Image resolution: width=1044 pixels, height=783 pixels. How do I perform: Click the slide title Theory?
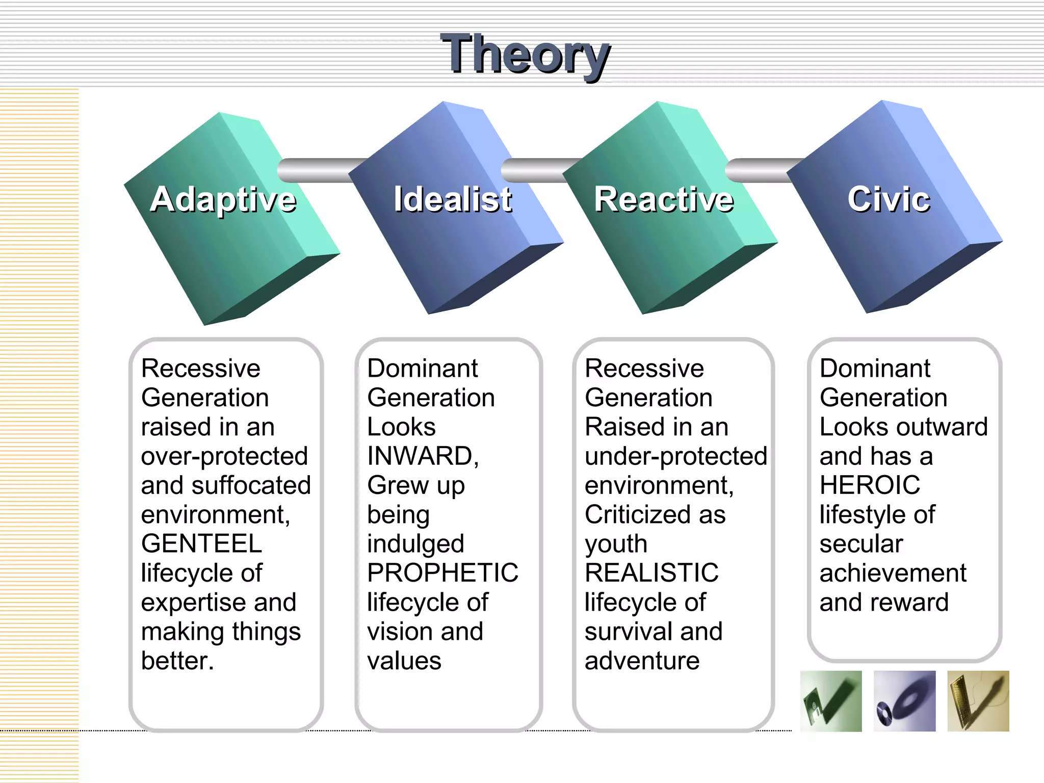click(x=525, y=54)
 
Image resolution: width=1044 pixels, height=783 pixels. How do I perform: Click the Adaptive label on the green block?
click(x=223, y=199)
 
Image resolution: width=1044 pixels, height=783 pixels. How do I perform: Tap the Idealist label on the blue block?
click(x=453, y=199)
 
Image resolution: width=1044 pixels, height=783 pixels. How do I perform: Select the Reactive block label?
click(x=664, y=199)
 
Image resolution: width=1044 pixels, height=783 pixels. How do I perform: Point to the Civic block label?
click(x=889, y=199)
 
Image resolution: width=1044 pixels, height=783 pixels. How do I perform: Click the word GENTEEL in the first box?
click(x=201, y=543)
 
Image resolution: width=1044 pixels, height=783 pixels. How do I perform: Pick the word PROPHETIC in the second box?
click(x=442, y=572)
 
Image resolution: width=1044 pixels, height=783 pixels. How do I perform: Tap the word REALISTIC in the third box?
click(x=651, y=572)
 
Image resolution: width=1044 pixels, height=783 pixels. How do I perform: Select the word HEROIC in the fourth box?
click(x=870, y=485)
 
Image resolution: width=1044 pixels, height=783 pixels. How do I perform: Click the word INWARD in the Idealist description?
click(x=421, y=456)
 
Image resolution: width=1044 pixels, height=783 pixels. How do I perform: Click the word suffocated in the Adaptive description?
click(x=251, y=485)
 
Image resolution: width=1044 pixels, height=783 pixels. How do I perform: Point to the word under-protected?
click(x=675, y=456)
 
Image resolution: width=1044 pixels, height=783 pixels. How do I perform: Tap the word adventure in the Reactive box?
click(x=642, y=661)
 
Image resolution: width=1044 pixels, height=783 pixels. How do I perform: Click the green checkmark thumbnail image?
click(x=831, y=701)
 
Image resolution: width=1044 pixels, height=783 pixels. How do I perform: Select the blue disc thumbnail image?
click(x=904, y=701)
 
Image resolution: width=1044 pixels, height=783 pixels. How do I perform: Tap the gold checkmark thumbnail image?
click(x=978, y=701)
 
